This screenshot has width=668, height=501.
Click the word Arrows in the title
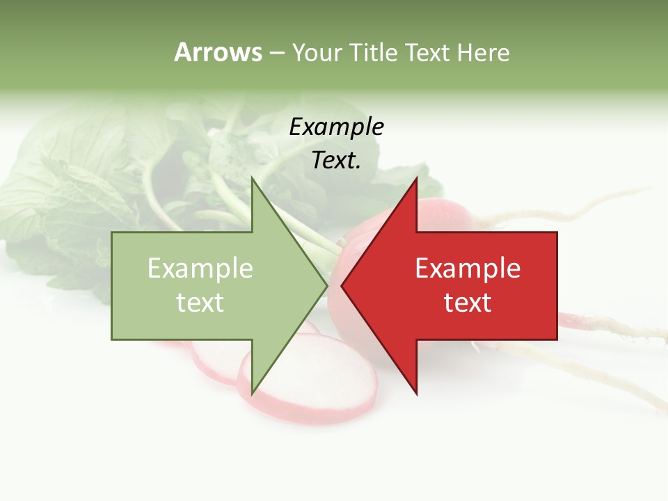click(x=218, y=52)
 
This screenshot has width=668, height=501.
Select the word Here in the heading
click(x=483, y=52)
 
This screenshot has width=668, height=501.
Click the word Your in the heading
click(x=316, y=53)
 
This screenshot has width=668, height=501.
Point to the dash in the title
click(x=276, y=53)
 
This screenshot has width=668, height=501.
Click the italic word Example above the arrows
click(x=336, y=127)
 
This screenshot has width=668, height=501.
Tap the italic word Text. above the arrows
click(x=336, y=160)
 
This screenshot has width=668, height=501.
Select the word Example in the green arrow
click(x=200, y=269)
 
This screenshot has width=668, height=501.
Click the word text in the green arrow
click(x=200, y=303)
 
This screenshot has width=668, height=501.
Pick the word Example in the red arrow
click(x=468, y=269)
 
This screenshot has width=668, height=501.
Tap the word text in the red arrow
click(x=468, y=303)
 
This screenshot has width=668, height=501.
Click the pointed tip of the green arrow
click(x=327, y=285)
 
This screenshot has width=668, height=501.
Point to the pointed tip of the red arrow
click(x=342, y=285)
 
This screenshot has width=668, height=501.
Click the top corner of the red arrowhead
click(x=416, y=178)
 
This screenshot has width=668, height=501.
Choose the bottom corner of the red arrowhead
click(x=416, y=394)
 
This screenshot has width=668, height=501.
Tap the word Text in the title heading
click(x=427, y=52)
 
